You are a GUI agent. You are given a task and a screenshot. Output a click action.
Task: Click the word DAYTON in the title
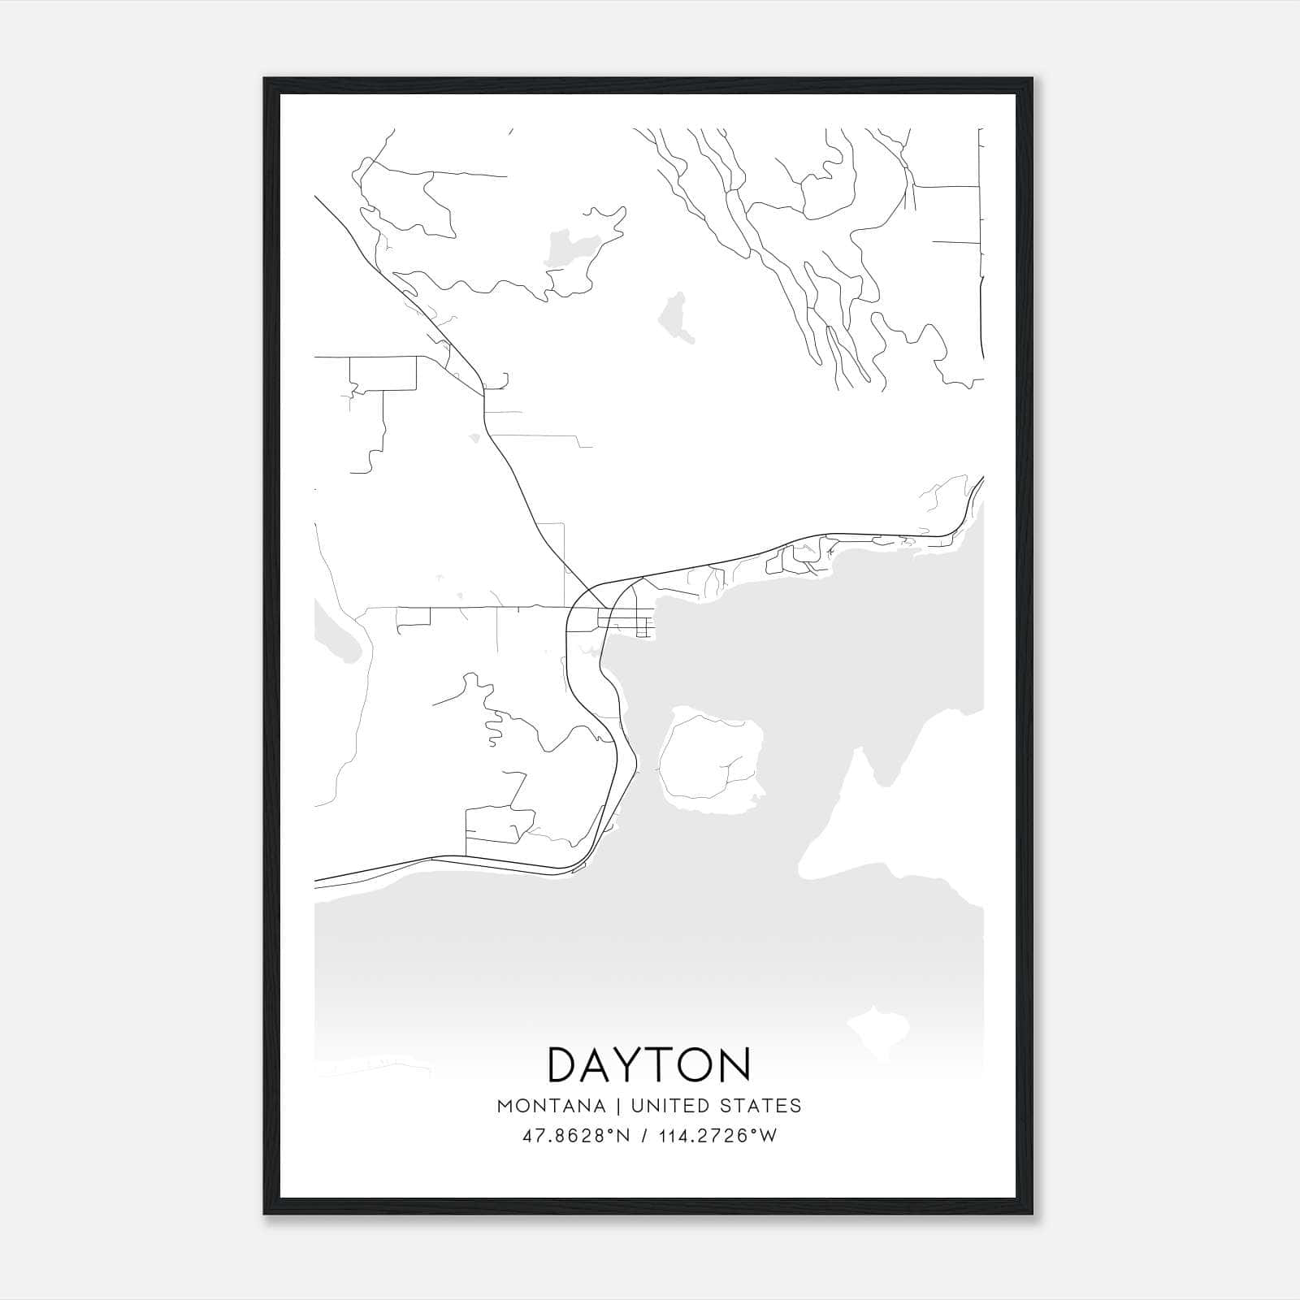[x=649, y=1064]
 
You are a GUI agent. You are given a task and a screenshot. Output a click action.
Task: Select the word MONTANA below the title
[x=552, y=1106]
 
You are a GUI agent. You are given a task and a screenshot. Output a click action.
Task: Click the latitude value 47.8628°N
[x=576, y=1136]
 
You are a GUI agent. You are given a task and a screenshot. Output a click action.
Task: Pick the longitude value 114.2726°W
[x=717, y=1136]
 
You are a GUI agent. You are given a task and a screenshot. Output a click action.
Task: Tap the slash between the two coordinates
[x=643, y=1136]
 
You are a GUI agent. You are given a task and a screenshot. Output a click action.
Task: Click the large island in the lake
[x=711, y=756]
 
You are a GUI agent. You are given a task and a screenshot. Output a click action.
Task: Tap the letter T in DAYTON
[x=666, y=1064]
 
